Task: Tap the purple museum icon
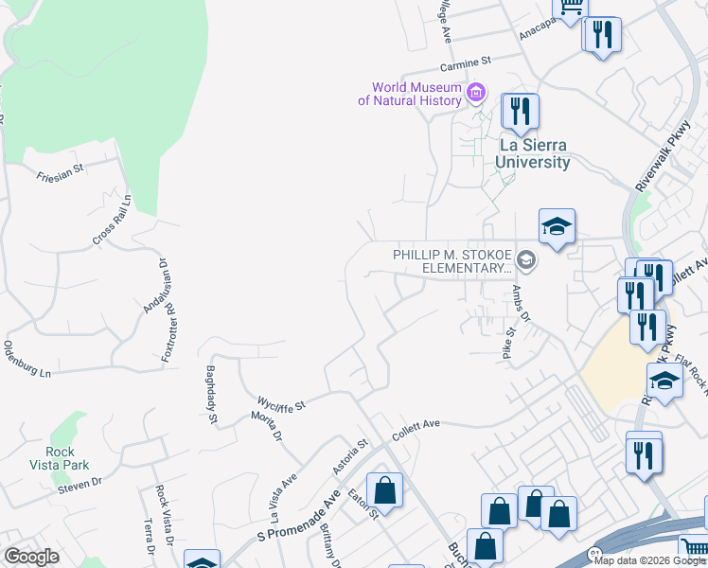476,93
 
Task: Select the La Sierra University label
535,153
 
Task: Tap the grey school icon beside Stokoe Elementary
528,261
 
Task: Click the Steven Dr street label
79,484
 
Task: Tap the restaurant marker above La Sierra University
519,111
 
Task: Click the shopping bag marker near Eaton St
384,490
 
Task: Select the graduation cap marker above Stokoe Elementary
557,226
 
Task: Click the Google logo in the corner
31,557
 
